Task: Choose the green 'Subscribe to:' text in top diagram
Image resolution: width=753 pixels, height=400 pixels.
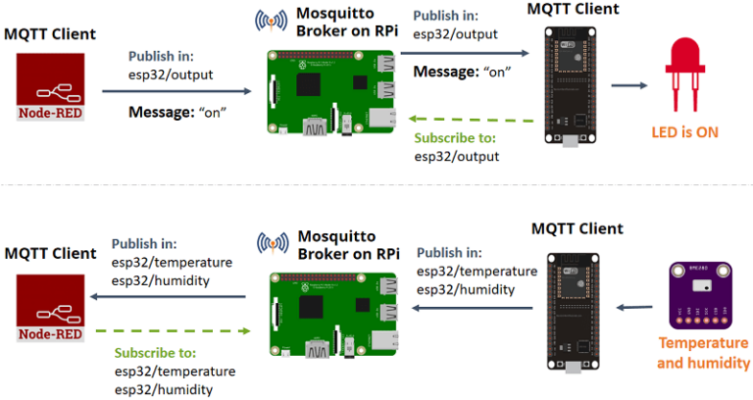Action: click(454, 138)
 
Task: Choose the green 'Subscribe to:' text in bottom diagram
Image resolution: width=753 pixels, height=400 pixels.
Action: click(154, 352)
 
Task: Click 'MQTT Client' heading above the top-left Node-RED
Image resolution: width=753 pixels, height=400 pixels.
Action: click(50, 33)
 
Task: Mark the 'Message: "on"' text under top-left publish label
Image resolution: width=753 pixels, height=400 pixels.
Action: click(177, 112)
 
